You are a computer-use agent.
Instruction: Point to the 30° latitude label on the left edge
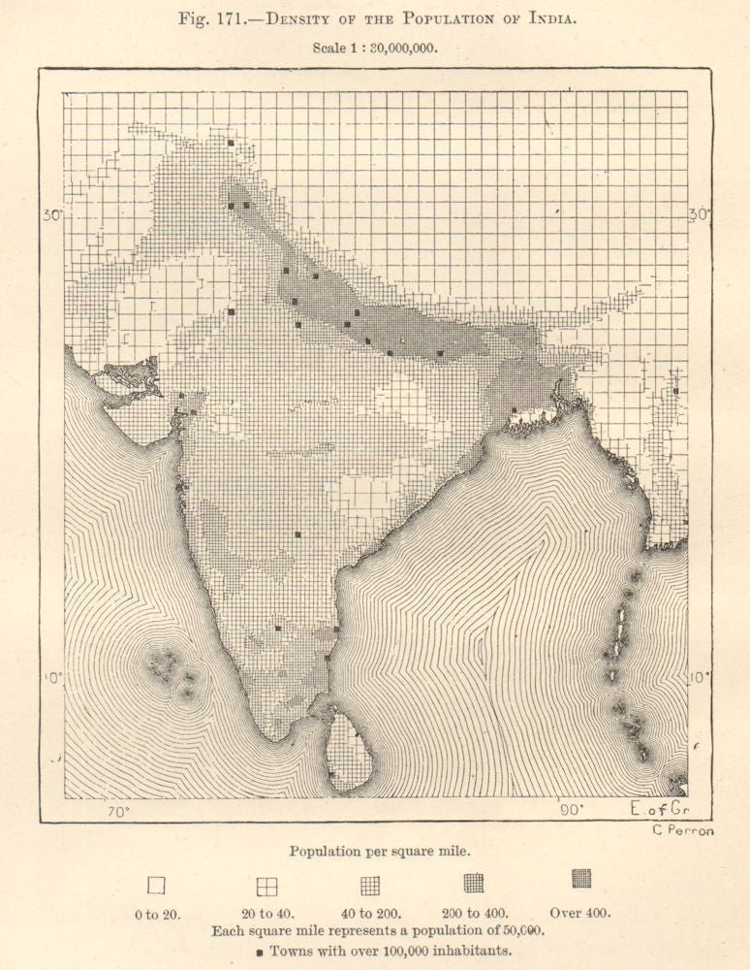click(x=52, y=215)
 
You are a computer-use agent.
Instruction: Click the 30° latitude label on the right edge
click(x=698, y=215)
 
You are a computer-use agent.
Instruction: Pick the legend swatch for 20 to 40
click(x=266, y=886)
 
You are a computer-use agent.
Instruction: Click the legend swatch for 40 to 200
click(x=370, y=885)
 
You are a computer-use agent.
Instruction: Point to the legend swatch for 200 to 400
click(x=474, y=883)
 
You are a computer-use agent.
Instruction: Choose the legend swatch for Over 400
click(x=580, y=879)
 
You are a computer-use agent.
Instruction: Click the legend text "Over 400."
click(x=580, y=912)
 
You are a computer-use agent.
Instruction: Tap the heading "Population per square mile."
click(x=381, y=851)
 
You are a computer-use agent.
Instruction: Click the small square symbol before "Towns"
click(x=260, y=953)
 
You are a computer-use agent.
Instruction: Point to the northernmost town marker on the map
click(x=231, y=143)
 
